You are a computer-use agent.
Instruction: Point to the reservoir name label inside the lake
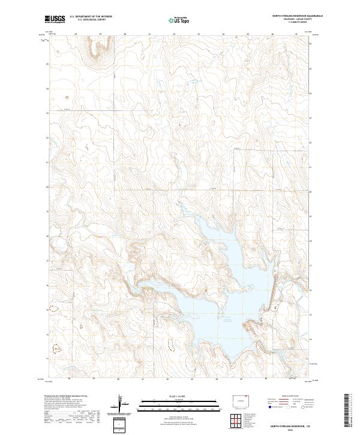[227, 318]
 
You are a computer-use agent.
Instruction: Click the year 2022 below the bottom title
[284, 429]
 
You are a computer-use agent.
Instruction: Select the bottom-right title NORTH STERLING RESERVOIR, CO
[284, 424]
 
